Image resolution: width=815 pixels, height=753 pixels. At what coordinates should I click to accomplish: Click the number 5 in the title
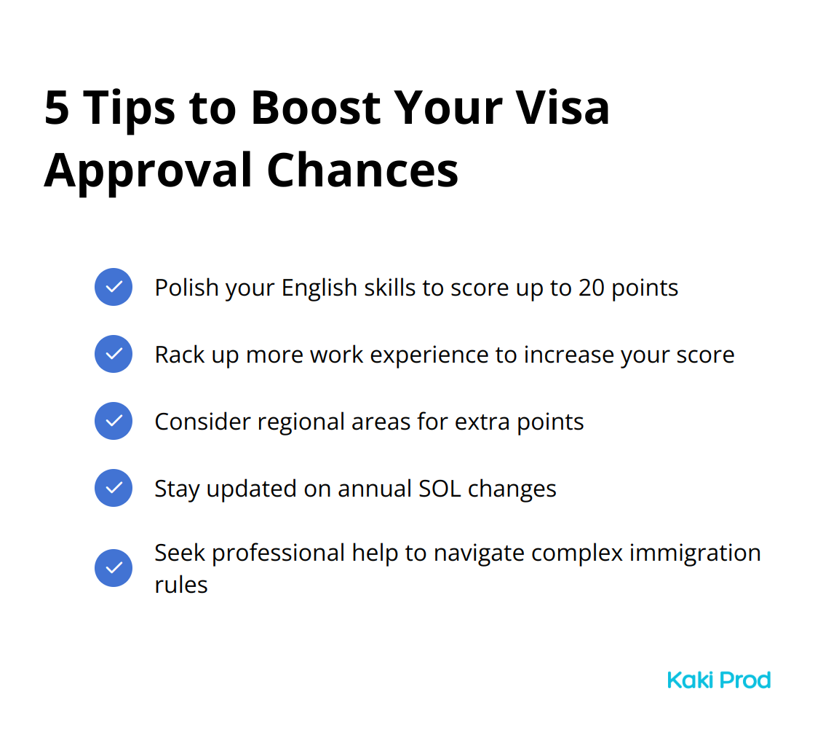(x=57, y=108)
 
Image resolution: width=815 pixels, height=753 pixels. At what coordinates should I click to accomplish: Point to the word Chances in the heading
(x=363, y=170)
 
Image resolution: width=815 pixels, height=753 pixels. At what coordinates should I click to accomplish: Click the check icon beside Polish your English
(x=114, y=287)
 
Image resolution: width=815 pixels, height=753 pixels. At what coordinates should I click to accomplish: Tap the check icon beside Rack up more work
(x=114, y=354)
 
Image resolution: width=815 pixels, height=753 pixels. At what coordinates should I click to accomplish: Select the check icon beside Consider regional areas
(x=114, y=421)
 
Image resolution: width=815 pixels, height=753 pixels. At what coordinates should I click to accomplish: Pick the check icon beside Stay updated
(x=114, y=488)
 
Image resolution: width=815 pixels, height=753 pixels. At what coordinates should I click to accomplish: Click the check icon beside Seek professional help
(x=114, y=568)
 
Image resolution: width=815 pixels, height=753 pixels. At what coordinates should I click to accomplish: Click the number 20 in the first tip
(x=592, y=288)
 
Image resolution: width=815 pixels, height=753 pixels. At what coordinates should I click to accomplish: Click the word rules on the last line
(x=181, y=585)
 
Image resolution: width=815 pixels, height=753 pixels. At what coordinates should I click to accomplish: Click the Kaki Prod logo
(x=719, y=680)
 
